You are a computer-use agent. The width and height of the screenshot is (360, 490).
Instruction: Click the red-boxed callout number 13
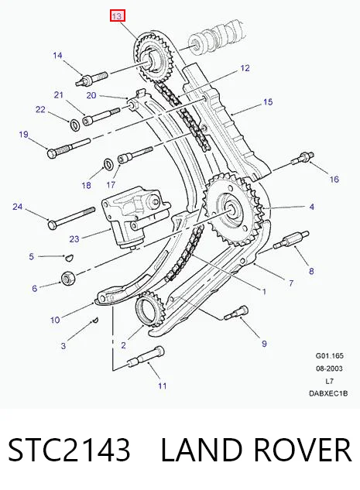coord(118,15)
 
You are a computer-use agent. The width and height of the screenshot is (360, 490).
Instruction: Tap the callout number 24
coord(18,207)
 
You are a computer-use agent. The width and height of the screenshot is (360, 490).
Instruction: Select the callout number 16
coord(334,179)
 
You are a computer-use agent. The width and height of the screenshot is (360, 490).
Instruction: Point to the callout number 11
coord(162,386)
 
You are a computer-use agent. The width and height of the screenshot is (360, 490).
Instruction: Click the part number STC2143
coord(69,450)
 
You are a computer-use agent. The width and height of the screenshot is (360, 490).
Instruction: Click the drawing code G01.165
coord(329,355)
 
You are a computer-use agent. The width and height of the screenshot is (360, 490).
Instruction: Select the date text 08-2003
coord(329,368)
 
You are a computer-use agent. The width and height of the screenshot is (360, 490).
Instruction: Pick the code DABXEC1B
coord(328,393)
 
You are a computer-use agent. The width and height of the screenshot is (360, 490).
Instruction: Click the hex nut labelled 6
coord(67,278)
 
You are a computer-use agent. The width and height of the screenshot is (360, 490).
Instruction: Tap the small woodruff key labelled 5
coord(69,258)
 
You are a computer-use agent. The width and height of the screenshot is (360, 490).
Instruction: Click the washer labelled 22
coord(75,124)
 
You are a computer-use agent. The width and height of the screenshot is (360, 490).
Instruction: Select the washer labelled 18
coord(108,163)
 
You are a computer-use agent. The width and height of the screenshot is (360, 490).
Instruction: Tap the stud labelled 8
coord(291,240)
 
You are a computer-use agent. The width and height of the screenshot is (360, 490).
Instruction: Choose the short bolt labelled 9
coord(237,314)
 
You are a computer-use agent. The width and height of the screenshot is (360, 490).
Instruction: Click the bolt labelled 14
coord(91,78)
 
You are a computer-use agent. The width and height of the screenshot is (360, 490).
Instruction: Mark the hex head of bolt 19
coord(52,152)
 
